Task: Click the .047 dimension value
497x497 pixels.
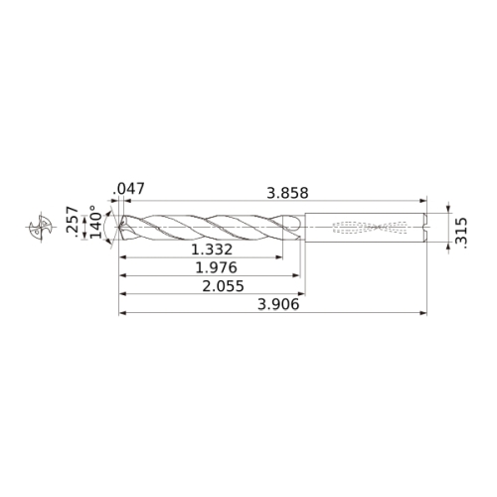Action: point(129,189)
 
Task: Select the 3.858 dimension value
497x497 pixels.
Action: point(287,193)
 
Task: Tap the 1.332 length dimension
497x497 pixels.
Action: point(212,249)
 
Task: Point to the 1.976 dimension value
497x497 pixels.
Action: point(217,267)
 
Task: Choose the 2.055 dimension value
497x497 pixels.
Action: point(223,286)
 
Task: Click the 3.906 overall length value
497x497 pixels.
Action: point(278,304)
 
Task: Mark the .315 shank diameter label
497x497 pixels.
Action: point(461,233)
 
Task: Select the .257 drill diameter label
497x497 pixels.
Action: point(73,220)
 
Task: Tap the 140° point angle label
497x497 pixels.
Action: point(96,222)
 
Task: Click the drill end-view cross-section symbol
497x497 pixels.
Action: point(41,228)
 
